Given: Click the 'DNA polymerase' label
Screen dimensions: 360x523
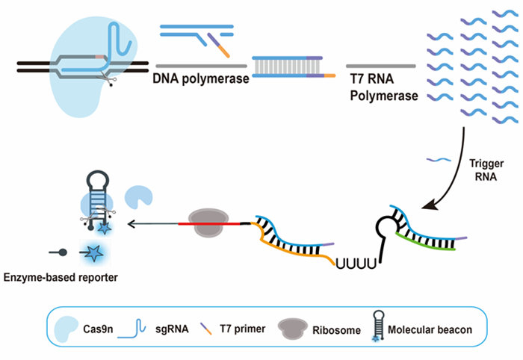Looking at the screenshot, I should [201, 78].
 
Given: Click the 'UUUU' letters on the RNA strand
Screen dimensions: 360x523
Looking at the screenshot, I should [350, 262].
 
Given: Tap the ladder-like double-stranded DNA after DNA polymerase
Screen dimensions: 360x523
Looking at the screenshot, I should [288, 67].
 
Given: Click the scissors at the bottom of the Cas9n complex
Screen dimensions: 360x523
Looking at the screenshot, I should [112, 81].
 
